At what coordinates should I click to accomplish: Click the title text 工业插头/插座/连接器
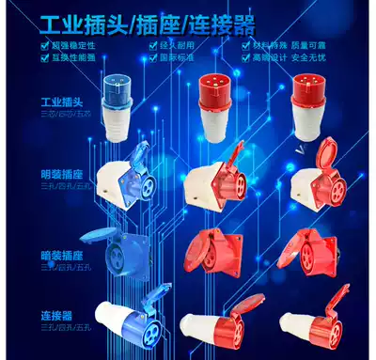click(188, 20)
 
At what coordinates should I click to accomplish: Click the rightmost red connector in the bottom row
click(315, 324)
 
